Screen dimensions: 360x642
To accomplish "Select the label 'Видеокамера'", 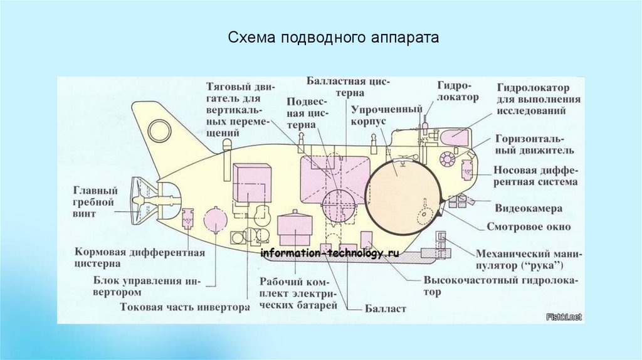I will coord(529,208).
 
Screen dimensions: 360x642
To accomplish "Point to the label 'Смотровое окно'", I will coord(529,227).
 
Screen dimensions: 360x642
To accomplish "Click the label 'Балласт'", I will coord(386,309).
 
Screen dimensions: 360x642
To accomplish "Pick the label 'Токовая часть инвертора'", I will coord(185,308).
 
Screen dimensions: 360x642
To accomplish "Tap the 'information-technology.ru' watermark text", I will coord(330,253).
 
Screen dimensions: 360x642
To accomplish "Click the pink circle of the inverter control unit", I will coord(216,220).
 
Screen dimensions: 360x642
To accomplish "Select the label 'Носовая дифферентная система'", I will coord(535,176).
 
